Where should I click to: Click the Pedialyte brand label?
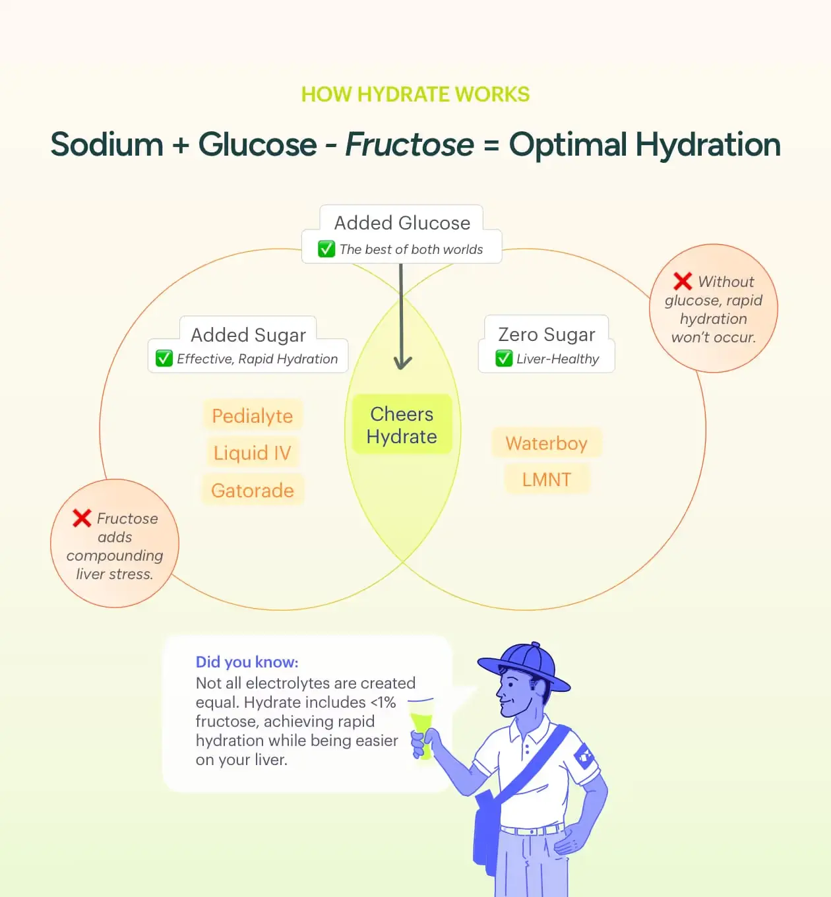(253, 416)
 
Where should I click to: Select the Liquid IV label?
(253, 452)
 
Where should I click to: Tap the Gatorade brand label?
(253, 490)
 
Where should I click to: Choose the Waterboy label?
(547, 443)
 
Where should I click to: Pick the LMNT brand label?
(547, 479)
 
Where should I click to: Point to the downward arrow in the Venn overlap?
(402, 316)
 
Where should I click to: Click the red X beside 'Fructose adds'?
(82, 518)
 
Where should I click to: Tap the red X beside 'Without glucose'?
(683, 281)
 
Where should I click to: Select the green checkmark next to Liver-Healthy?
(504, 359)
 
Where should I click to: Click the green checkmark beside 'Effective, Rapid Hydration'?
(164, 359)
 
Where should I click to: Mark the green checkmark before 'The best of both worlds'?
(326, 249)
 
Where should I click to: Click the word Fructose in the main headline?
(410, 144)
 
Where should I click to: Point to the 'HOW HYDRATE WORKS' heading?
(415, 94)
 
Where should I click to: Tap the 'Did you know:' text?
(247, 662)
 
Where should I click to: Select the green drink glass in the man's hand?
(421, 728)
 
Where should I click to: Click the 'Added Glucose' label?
(402, 223)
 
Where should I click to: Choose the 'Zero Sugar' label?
(547, 334)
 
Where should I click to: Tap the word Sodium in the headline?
(107, 144)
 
